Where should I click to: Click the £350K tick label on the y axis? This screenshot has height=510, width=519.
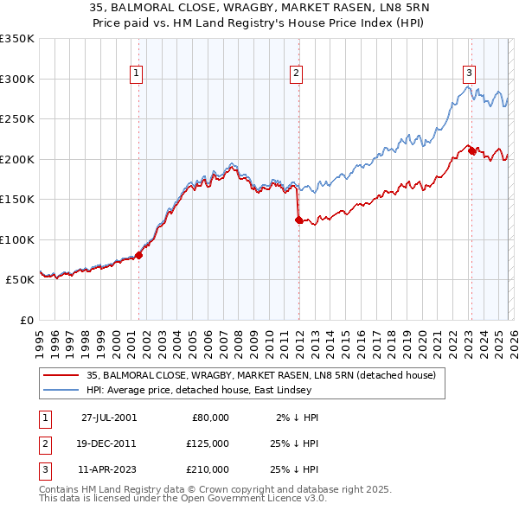pyautogui.click(x=17, y=39)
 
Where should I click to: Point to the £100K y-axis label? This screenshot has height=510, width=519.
pyautogui.click(x=17, y=239)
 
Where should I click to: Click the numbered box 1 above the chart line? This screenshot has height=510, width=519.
pyautogui.click(x=138, y=74)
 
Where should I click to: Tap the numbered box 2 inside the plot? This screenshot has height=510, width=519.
pyautogui.click(x=296, y=74)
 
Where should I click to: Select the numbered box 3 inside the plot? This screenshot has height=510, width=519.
pyautogui.click(x=469, y=74)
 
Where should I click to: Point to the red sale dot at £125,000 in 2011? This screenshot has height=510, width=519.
pyautogui.click(x=298, y=220)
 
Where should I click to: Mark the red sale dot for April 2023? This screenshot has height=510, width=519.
pyautogui.click(x=471, y=151)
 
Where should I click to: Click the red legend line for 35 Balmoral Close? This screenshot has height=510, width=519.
pyautogui.click(x=61, y=375)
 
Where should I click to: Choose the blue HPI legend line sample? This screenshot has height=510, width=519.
pyautogui.click(x=61, y=391)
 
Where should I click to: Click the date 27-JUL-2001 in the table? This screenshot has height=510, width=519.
pyautogui.click(x=109, y=418)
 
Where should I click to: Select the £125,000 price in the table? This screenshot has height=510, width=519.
pyautogui.click(x=208, y=443)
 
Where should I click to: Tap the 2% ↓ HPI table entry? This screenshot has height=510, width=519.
pyautogui.click(x=298, y=418)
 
